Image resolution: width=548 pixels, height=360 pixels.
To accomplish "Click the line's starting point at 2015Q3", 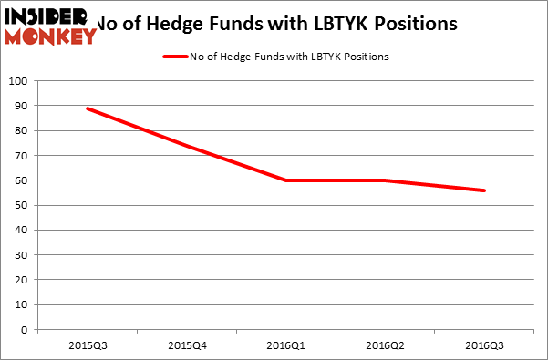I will click(x=88, y=108).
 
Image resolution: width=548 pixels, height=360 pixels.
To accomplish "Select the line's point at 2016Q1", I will click(x=285, y=180).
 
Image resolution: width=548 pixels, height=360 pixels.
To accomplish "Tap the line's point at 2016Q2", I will click(x=385, y=180).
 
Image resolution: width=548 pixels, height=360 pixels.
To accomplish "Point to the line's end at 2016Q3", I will click(x=484, y=190).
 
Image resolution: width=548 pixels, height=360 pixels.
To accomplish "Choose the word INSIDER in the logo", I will click(x=46, y=15).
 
